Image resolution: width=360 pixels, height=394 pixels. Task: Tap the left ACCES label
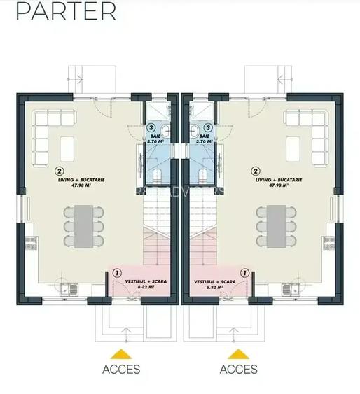(x=121, y=369)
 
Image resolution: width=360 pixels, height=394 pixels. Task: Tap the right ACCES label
(x=238, y=369)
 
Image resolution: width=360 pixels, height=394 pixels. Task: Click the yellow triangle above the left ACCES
(x=121, y=353)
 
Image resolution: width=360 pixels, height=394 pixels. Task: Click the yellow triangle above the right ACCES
(x=238, y=353)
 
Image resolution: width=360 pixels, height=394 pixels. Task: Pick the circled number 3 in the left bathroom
(x=151, y=129)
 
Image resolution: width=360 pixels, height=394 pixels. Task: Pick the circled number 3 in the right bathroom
(x=208, y=129)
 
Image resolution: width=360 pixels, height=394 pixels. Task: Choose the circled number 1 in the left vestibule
(x=115, y=272)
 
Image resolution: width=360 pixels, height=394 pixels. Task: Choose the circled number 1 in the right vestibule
(x=244, y=272)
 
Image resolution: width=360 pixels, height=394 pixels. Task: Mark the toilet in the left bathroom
(x=160, y=176)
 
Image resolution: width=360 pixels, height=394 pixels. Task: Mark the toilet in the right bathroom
(x=200, y=176)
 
